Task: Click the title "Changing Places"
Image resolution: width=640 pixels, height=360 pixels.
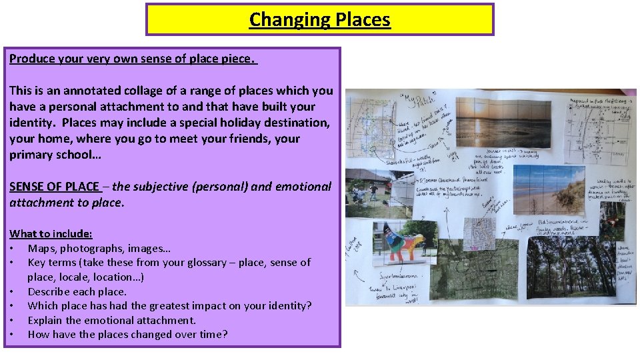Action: [319, 20]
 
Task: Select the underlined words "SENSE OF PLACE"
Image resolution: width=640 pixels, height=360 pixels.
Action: [54, 187]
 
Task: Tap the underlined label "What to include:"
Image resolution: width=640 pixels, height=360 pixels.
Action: [51, 233]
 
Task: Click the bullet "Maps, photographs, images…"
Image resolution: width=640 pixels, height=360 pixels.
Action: [99, 248]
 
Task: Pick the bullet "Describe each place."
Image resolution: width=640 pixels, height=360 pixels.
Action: [77, 291]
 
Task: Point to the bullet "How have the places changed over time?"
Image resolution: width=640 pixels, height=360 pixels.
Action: [127, 334]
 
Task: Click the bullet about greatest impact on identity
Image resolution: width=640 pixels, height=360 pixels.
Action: [169, 305]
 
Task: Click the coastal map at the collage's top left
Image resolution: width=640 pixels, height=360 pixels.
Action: [371, 129]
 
